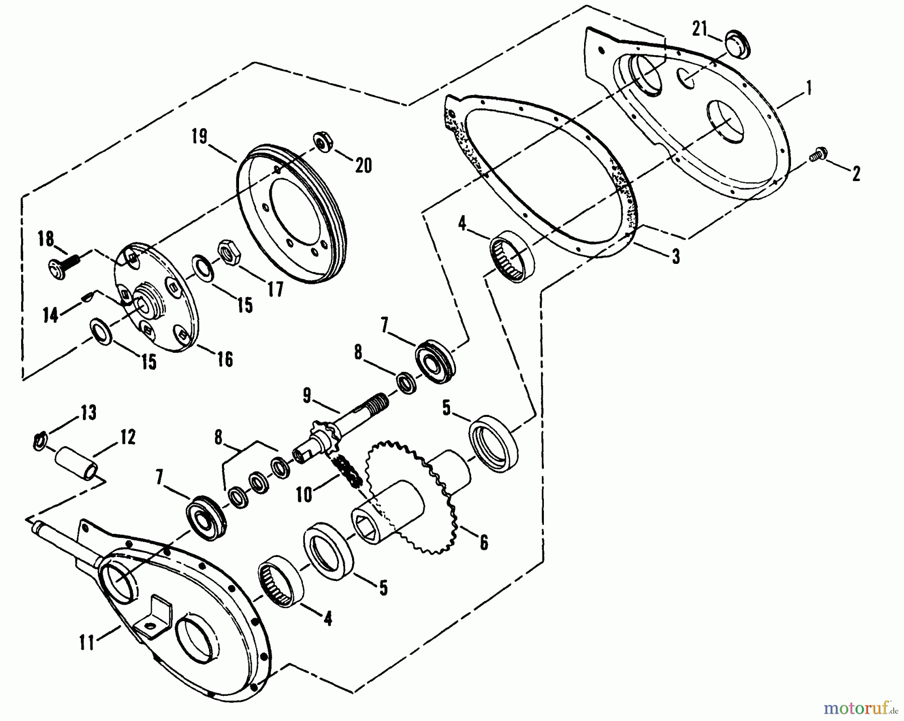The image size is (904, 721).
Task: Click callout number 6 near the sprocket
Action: pyautogui.click(x=483, y=542)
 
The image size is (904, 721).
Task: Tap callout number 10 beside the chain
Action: pyautogui.click(x=304, y=494)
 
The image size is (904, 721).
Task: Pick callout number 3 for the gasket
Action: pyautogui.click(x=676, y=257)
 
